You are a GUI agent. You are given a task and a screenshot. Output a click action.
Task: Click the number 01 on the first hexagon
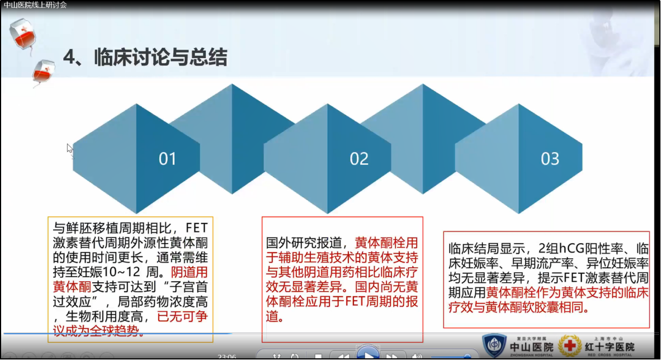(167, 159)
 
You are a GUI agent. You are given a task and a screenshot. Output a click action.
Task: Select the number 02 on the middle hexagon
(359, 159)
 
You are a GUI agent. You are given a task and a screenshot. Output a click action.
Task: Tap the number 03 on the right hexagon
(550, 159)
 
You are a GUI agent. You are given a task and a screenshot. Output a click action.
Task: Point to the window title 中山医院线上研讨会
(35, 4)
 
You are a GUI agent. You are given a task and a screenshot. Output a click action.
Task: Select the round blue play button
(367, 354)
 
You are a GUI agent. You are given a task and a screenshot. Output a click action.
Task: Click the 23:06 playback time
(226, 357)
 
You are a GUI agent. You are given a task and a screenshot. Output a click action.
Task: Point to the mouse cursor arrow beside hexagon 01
(69, 148)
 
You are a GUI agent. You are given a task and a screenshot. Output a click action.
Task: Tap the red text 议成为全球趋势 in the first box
(98, 330)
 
